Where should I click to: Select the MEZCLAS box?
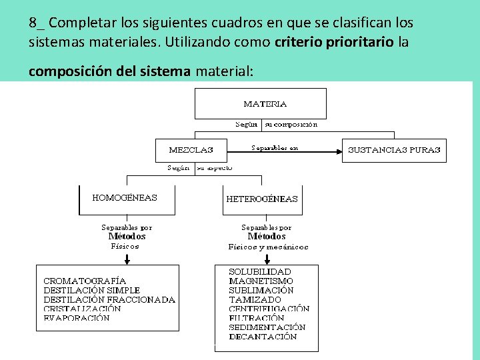click(191, 150)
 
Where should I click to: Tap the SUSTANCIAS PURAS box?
click(394, 150)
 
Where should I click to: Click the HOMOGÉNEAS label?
click(125, 197)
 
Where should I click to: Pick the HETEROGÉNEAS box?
click(262, 199)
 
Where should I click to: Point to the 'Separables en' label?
click(275, 147)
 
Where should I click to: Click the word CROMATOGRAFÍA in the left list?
click(85, 281)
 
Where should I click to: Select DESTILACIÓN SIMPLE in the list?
click(92, 291)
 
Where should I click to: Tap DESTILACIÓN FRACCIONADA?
click(109, 300)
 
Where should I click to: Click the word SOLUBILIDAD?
click(260, 272)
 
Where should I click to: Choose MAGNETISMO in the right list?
click(261, 281)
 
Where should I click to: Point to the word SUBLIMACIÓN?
click(261, 291)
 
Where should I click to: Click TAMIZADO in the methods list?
click(255, 300)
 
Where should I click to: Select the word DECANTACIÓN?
click(263, 337)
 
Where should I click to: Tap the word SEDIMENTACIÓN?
click(267, 327)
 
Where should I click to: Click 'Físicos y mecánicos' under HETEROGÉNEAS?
click(268, 247)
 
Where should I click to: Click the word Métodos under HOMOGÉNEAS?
click(127, 236)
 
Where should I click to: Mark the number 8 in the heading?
click(33, 23)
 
